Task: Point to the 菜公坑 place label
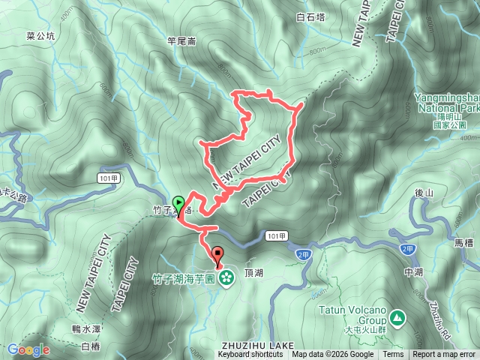point(40,34)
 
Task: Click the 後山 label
point(424,193)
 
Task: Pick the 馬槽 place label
point(464,243)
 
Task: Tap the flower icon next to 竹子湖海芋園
point(226,278)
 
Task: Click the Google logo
point(28,349)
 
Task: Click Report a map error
point(444,355)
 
